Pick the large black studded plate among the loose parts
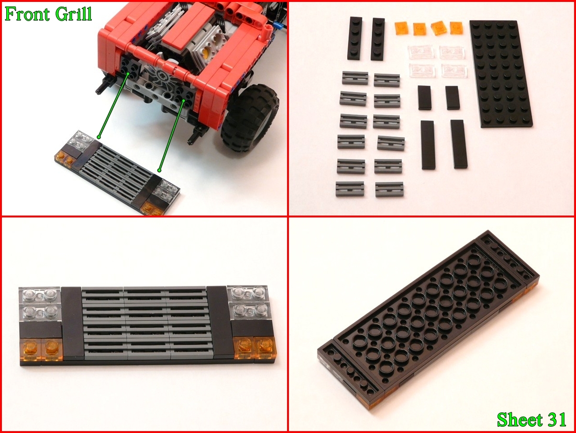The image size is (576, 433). coord(501,74)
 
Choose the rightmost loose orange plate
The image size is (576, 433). coord(456,28)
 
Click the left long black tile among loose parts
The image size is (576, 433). coord(428,145)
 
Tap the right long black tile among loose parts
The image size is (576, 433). coord(459,144)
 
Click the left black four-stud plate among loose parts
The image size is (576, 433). coord(355,38)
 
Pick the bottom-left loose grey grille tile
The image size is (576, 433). coord(350,189)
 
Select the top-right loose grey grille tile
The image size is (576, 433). coord(387,80)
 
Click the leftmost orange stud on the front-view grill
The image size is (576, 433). coord(31,350)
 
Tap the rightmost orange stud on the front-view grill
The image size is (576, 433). coord(266,347)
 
